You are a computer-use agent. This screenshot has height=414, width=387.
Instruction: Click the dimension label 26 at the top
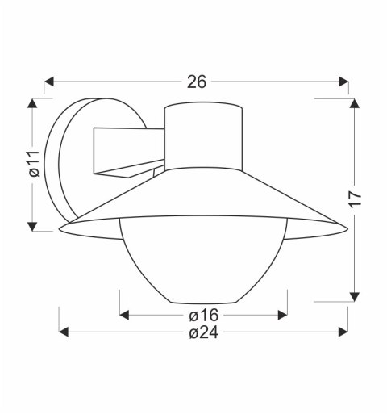point(197,82)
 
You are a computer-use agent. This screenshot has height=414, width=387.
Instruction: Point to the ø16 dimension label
point(203,314)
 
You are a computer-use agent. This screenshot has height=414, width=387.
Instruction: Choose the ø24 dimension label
point(203,333)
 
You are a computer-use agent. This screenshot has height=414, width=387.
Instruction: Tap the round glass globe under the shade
point(203,262)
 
